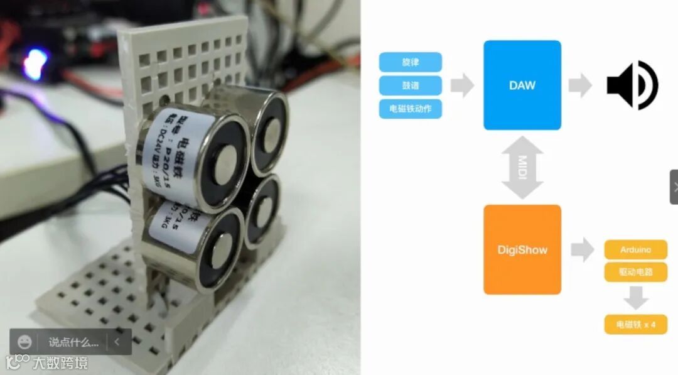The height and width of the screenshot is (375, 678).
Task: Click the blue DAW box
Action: (x=522, y=85)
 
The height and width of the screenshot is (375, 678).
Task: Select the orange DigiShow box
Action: (x=522, y=249)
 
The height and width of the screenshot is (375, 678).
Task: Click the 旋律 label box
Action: (x=411, y=62)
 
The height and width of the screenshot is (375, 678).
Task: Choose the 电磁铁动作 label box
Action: (x=411, y=109)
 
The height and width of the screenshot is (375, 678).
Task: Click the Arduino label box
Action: (x=635, y=249)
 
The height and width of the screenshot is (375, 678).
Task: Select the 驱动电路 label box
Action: (x=635, y=273)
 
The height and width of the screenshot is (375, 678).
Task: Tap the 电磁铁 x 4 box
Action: (x=635, y=325)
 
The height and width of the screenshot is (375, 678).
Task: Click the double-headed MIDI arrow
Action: (x=522, y=168)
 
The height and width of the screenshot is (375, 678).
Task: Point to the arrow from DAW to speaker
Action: (x=580, y=85)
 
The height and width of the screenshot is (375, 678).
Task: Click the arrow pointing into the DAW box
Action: (x=463, y=85)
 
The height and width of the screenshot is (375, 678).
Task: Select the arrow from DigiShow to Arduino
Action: (x=583, y=250)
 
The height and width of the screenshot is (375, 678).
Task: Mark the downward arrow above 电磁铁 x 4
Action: (x=635, y=298)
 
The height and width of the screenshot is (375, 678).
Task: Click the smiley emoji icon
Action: (x=24, y=342)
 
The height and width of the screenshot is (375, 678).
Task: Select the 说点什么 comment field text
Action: (x=73, y=343)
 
